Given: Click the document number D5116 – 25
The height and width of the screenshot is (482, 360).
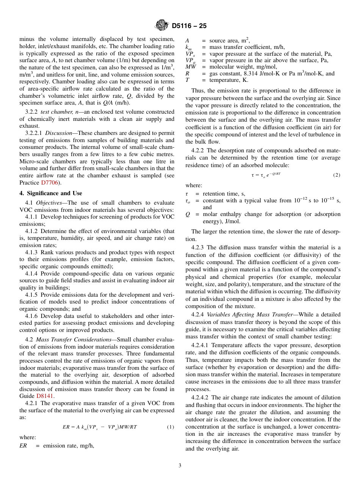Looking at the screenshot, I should click(x=189, y=26).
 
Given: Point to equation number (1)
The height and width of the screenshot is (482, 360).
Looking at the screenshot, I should click(x=170, y=427).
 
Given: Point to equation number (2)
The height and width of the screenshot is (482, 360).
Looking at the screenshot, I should click(x=336, y=175).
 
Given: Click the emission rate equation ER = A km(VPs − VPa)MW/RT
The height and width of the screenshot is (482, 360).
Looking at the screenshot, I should click(x=100, y=427).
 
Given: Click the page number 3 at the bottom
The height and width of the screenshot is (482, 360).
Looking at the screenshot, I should click(x=180, y=466).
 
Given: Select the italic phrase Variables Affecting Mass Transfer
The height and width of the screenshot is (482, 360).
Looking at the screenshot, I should click(x=249, y=315).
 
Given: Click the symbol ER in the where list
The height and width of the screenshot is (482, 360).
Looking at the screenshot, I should click(x=23, y=446).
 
